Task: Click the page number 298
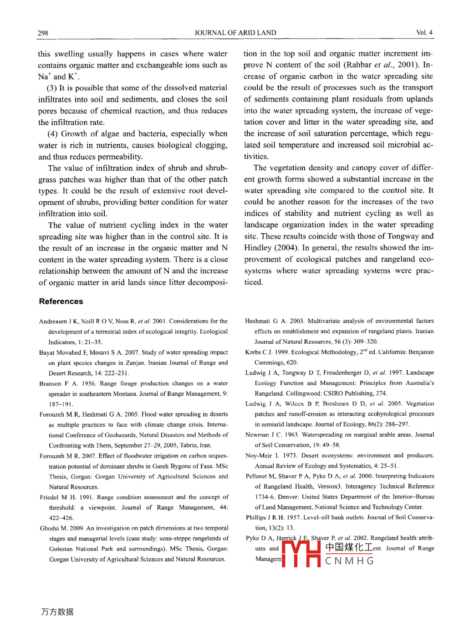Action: pyautogui.click(x=43, y=33)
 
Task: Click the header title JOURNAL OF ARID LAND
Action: pyautogui.click(x=235, y=33)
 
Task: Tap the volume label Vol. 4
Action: pyautogui.click(x=424, y=32)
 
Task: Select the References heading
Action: pyautogui.click(x=61, y=301)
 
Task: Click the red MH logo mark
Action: pyautogui.click(x=301, y=553)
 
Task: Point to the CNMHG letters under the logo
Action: pyautogui.click(x=349, y=561)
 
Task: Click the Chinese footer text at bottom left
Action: pyautogui.click(x=57, y=612)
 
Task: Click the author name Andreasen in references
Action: pyautogui.click(x=53, y=321)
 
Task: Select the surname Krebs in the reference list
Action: pyautogui.click(x=253, y=352)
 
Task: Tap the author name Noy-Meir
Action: pyautogui.click(x=258, y=456)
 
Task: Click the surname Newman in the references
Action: pyautogui.click(x=257, y=435)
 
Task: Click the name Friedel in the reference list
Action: pyautogui.click(x=49, y=497)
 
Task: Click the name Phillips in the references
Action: pyautogui.click(x=256, y=518)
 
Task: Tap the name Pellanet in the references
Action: pyautogui.click(x=256, y=476)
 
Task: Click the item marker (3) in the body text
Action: pyautogui.click(x=51, y=88)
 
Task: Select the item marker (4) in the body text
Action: pyautogui.click(x=52, y=134)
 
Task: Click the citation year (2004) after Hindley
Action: pyautogui.click(x=286, y=248)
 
